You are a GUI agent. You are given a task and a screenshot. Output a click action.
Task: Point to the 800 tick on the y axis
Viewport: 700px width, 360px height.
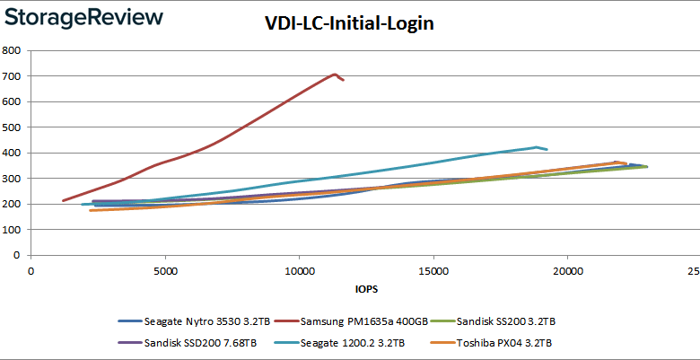click(x=13, y=51)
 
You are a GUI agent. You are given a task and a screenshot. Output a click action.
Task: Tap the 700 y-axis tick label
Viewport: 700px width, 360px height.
click(x=13, y=76)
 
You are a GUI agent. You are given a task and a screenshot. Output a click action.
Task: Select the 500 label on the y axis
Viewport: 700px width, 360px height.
click(x=13, y=127)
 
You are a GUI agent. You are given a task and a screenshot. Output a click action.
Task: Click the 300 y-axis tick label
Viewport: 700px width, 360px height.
click(x=13, y=179)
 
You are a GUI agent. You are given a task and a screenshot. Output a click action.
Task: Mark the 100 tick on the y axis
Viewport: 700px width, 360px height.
click(x=13, y=230)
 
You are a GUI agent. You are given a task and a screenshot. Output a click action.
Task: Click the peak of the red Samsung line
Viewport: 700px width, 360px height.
click(x=335, y=75)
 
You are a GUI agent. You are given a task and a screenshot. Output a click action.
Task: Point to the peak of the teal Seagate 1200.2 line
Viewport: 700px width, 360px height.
click(x=537, y=147)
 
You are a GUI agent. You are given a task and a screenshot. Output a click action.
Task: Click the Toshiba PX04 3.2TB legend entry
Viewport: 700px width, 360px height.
click(x=504, y=342)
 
